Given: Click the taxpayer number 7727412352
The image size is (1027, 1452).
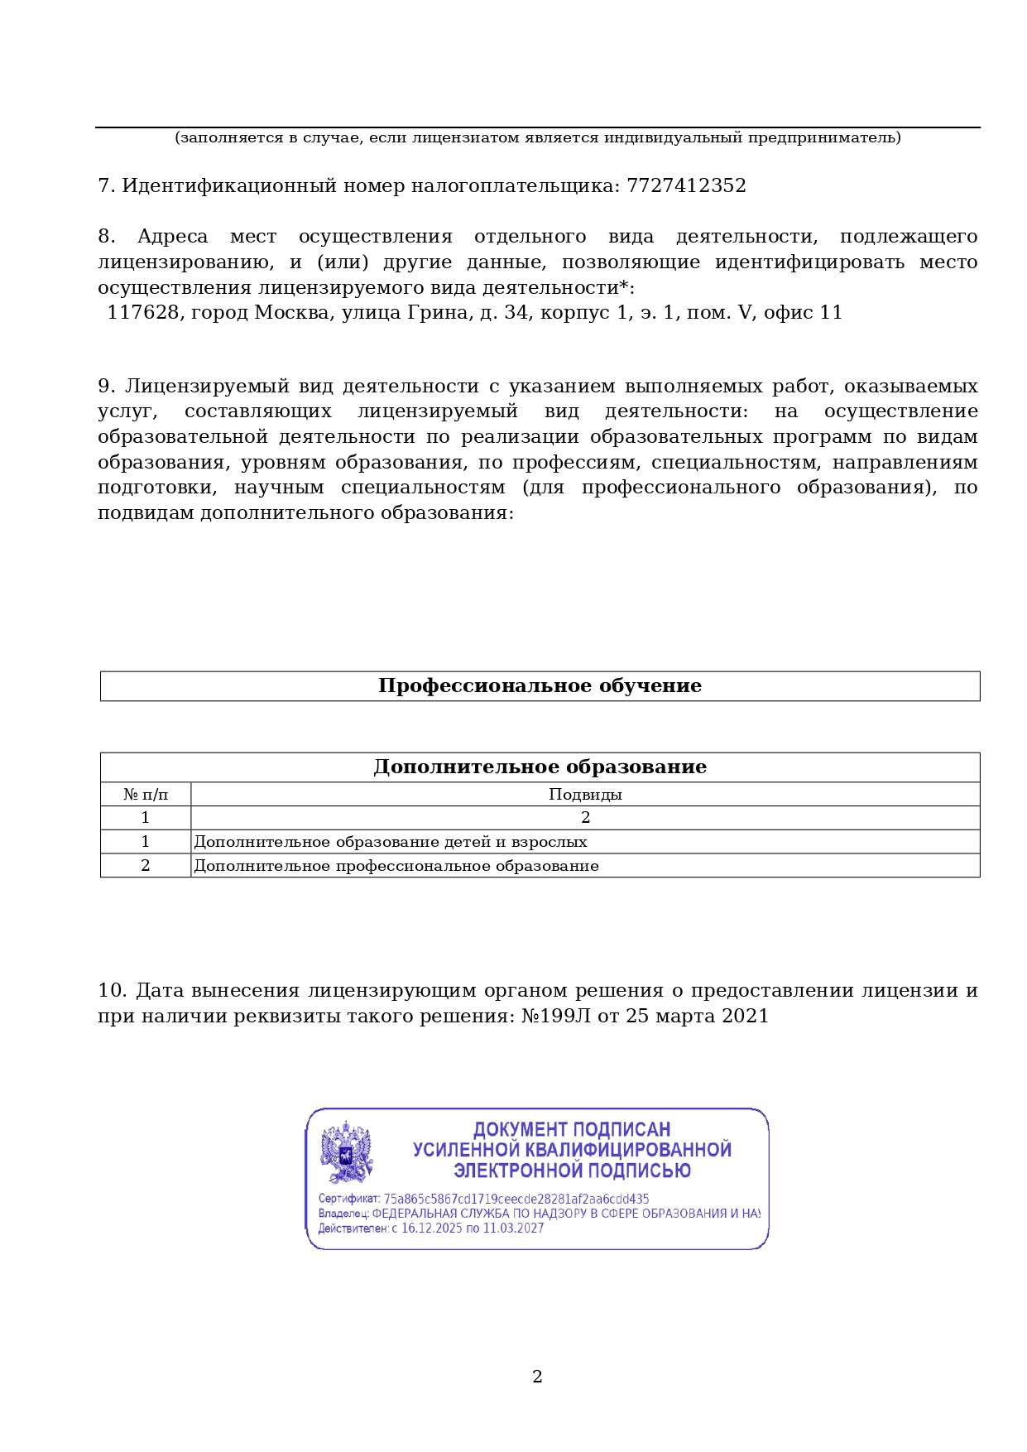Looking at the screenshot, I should [686, 185].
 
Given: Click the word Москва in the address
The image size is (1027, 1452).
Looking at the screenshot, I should [292, 313].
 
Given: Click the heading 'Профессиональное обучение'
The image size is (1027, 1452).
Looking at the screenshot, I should [540, 686].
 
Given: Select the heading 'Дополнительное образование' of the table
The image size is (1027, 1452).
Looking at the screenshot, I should [540, 767].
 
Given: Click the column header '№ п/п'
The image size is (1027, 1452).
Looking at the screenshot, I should [146, 795].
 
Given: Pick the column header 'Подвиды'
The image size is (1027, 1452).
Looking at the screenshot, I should [585, 795].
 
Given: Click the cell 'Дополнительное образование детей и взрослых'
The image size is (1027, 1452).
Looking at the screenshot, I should [391, 842].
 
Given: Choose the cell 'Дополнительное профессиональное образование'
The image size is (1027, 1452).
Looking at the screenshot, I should [396, 866].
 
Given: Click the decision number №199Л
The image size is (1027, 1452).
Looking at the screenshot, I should [556, 1016].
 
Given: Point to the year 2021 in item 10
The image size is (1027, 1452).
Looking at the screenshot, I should [745, 1016].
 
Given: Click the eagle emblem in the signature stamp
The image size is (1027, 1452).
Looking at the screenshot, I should [347, 1152].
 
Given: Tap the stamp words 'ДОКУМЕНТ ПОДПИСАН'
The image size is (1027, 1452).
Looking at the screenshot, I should [572, 1130].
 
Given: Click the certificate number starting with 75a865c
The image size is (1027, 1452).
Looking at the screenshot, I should [516, 1199].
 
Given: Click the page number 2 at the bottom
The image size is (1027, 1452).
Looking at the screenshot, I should [537, 1377].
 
